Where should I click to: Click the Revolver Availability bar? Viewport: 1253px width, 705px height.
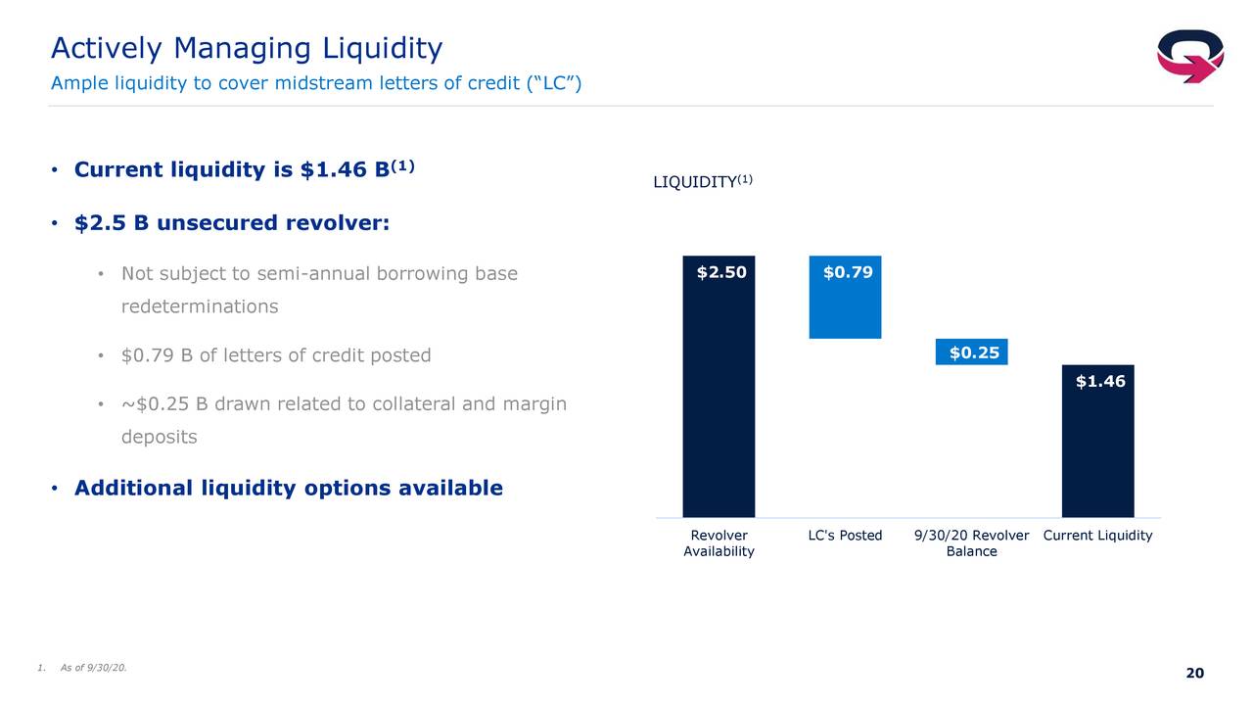[x=719, y=387]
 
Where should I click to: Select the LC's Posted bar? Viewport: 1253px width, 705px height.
[x=845, y=297]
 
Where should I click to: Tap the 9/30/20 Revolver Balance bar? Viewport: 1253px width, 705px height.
[x=972, y=352]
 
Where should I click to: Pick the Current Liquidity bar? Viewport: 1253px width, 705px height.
[x=1098, y=442]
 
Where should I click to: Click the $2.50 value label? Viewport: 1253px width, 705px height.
[x=721, y=272]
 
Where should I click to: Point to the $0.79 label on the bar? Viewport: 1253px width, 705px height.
[x=848, y=272]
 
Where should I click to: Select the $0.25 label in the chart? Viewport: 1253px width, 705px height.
[x=974, y=353]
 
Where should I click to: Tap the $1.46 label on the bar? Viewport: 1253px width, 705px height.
[x=1100, y=382]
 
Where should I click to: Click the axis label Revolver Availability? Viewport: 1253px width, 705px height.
[x=719, y=543]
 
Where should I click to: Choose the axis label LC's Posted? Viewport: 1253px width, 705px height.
[x=845, y=536]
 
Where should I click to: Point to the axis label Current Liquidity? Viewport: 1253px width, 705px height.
[x=1098, y=536]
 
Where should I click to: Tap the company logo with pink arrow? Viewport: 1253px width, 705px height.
[x=1190, y=56]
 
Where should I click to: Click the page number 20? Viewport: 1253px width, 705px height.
[x=1195, y=673]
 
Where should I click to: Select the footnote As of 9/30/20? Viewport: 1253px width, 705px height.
[x=93, y=668]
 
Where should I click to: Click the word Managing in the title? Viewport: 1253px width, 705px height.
[x=242, y=49]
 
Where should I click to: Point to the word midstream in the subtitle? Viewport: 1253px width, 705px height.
[x=324, y=83]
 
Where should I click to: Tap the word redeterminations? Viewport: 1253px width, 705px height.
[x=200, y=306]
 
